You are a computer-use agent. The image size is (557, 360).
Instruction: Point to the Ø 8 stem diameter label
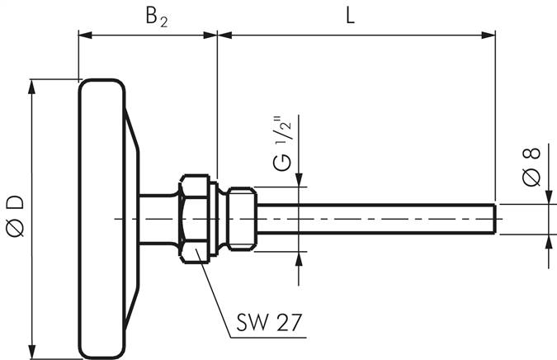(532, 170)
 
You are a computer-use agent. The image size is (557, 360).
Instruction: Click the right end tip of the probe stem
(494, 219)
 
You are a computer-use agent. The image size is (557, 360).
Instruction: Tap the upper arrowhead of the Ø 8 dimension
(550, 196)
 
